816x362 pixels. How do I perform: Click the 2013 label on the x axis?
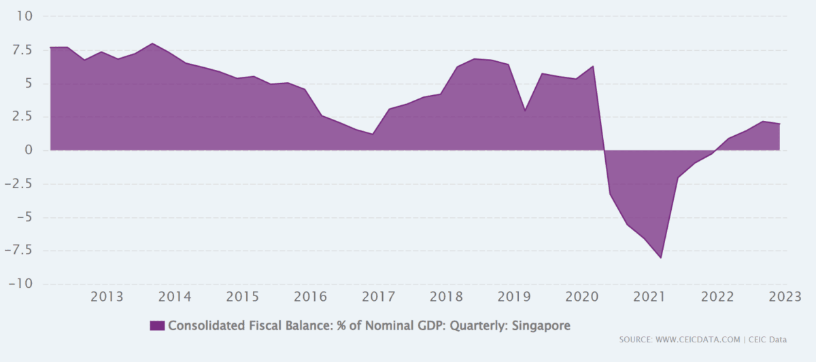coord(107,297)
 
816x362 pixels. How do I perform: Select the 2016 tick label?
coord(310,297)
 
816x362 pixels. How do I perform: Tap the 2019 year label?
coord(513,297)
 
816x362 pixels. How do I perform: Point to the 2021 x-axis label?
coord(649,297)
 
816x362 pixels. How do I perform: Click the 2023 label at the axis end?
coord(784,297)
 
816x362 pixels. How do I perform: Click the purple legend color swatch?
coord(157,326)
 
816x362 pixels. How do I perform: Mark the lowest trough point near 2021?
coord(660,258)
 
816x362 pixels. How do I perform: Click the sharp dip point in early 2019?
coord(525,109)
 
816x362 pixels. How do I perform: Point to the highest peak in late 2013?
coord(152,43)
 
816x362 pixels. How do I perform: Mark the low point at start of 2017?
coord(373,134)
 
